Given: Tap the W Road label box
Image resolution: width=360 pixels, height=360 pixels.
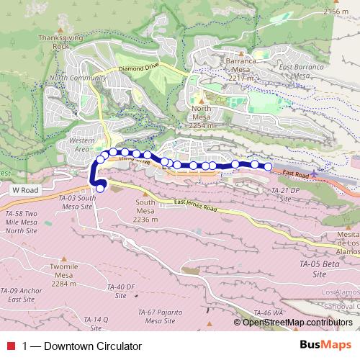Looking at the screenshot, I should click(24, 189).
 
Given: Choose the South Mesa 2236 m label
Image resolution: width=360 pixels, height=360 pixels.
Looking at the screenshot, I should click(145, 211).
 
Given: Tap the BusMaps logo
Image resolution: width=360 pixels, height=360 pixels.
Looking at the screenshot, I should click(326, 346).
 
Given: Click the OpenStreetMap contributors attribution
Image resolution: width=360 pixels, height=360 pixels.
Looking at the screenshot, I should click(297, 322).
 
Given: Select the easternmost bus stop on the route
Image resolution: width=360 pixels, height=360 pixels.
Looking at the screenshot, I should click(268, 167).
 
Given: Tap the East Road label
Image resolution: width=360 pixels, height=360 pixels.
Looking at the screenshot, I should click(296, 174).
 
